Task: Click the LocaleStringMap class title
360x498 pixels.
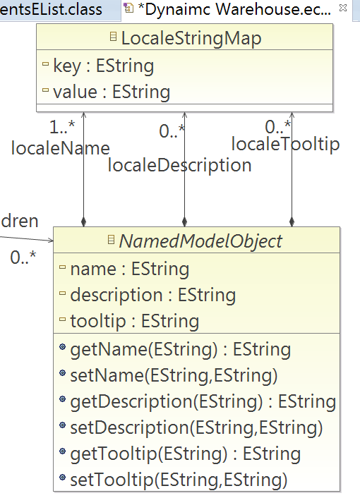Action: pyautogui.click(x=191, y=38)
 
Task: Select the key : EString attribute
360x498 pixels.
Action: pyautogui.click(x=103, y=66)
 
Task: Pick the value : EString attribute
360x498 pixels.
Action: pyautogui.click(x=112, y=92)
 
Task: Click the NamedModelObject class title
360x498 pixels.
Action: pyautogui.click(x=200, y=241)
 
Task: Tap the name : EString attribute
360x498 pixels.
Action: pyautogui.click(x=130, y=269)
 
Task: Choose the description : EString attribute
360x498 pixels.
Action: pyautogui.click(x=153, y=296)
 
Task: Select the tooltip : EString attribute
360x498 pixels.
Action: pyautogui.click(x=134, y=322)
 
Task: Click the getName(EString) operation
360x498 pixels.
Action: pyautogui.click(x=181, y=350)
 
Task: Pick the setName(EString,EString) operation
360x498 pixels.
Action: pyautogui.click(x=174, y=376)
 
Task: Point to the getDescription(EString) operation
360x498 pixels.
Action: pyautogui.click(x=203, y=402)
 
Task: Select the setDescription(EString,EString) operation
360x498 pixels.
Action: pyautogui.click(x=196, y=427)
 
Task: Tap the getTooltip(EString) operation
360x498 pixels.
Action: pyautogui.click(x=185, y=454)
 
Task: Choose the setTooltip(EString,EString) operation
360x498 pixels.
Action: pyautogui.click(x=179, y=480)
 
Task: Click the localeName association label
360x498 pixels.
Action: pyautogui.click(x=61, y=148)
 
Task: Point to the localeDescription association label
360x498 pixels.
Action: pyautogui.click(x=179, y=166)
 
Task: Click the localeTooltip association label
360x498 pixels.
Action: pyautogui.click(x=285, y=144)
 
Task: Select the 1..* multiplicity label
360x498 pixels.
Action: pyautogui.click(x=62, y=127)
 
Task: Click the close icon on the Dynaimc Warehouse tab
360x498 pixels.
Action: pyautogui.click(x=343, y=8)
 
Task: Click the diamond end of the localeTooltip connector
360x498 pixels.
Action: pyautogui.click(x=292, y=221)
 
